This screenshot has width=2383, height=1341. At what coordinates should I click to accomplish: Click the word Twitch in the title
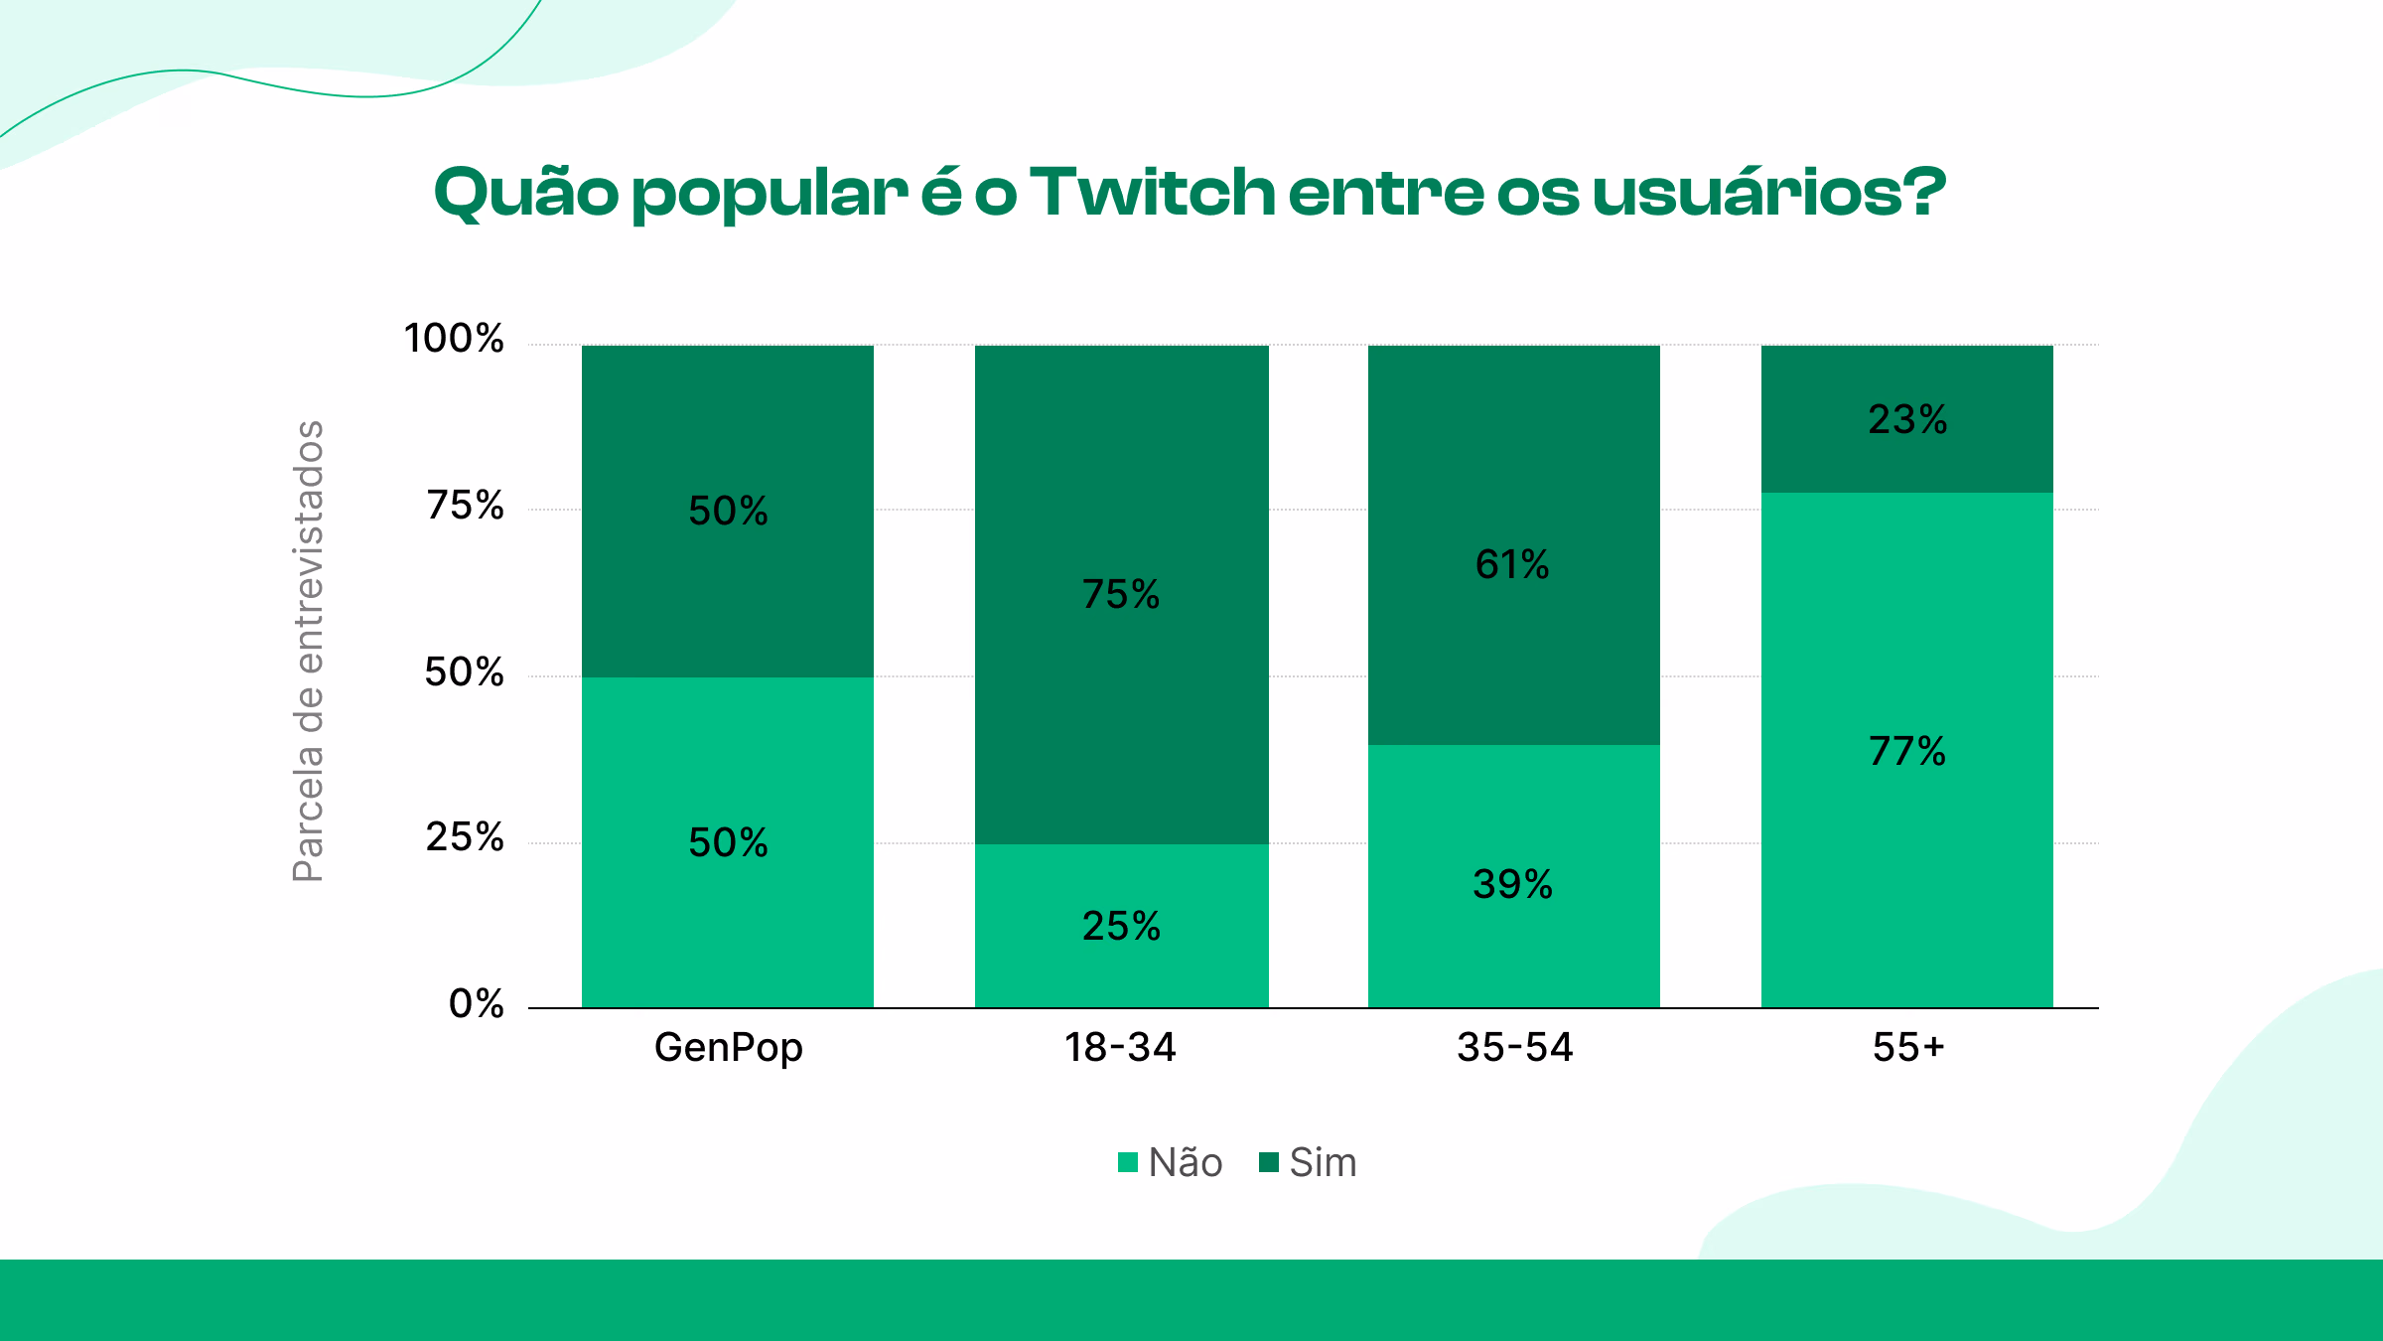click(1152, 191)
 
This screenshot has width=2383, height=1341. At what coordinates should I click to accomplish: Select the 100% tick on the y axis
click(454, 339)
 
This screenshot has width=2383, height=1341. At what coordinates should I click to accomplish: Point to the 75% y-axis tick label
click(465, 506)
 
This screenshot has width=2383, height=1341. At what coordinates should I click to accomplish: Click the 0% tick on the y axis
click(476, 1003)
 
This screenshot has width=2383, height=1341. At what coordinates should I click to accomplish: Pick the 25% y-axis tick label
click(465, 837)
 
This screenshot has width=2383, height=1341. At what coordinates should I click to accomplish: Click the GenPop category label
click(728, 1048)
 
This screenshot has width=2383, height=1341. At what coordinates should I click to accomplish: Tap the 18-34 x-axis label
click(1120, 1047)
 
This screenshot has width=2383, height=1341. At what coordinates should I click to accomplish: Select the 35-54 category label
click(1514, 1047)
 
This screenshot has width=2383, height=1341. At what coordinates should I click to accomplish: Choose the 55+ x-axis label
click(1907, 1047)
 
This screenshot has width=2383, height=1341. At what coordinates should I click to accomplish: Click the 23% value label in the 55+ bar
click(1907, 419)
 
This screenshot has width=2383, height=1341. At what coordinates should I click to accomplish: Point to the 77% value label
click(1907, 751)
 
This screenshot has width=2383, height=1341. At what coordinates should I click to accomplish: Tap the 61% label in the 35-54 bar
click(1512, 564)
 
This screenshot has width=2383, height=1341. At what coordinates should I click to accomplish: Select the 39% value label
click(1512, 884)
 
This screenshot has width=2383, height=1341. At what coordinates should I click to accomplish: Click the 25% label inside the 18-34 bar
click(1121, 926)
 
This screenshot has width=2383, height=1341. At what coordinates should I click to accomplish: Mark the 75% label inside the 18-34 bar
click(1121, 594)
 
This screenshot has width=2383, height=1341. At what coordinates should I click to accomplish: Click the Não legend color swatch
click(1127, 1162)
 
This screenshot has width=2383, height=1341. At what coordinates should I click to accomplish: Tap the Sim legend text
click(1323, 1162)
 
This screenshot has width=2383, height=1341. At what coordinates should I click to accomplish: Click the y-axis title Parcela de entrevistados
click(309, 651)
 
